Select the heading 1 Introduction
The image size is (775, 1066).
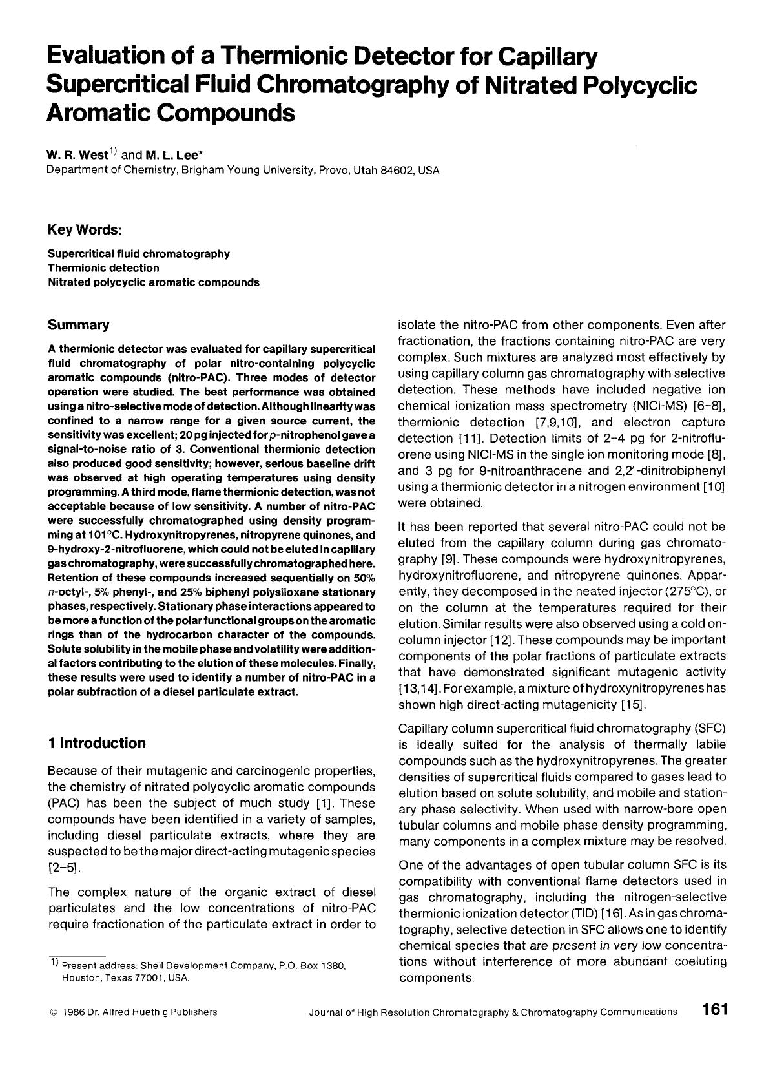click(97, 743)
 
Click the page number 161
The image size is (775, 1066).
click(715, 1010)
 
